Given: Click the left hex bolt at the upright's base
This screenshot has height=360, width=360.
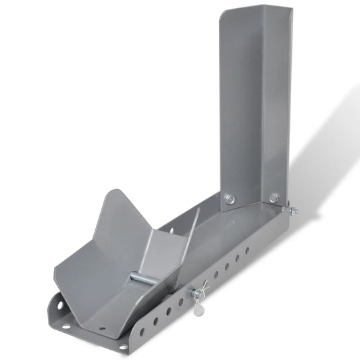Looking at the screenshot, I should (x=230, y=199).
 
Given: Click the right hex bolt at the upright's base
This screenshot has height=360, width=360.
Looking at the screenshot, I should (x=274, y=198).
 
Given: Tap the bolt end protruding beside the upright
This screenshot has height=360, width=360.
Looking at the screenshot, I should (x=292, y=211).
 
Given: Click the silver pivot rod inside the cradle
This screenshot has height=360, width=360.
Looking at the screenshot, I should (x=143, y=277).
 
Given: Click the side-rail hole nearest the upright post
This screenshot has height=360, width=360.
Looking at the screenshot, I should (x=247, y=251).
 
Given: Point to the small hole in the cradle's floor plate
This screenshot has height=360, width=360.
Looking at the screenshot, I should (x=103, y=329).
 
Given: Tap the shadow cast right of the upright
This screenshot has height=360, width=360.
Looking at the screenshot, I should (x=324, y=155).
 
